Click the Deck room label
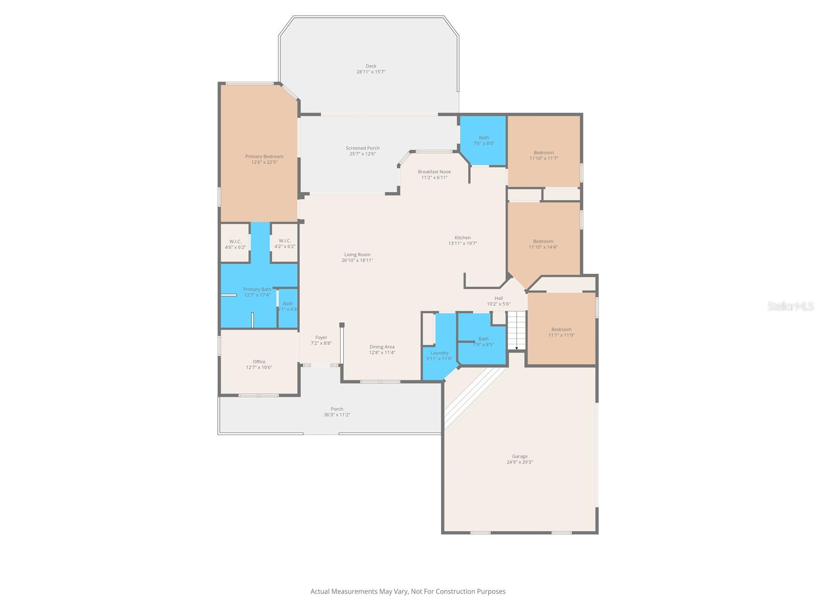[x=371, y=66]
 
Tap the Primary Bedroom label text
[x=264, y=157]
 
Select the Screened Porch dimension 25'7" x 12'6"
[x=363, y=154]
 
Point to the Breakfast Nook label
[x=434, y=172]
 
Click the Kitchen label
[x=463, y=238]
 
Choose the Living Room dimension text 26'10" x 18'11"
[x=357, y=261]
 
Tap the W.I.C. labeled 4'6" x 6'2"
[x=235, y=244]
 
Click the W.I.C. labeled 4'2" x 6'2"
[x=285, y=244]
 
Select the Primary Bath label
[x=257, y=289]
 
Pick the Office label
[x=259, y=362]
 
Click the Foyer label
[x=321, y=338]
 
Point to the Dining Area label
[x=382, y=347]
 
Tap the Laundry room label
[x=439, y=353]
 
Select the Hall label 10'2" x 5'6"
[x=498, y=301]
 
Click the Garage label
[x=520, y=456]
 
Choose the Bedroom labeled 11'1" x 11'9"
[x=561, y=332]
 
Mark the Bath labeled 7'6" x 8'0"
[x=483, y=140]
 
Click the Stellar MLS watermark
[x=789, y=306]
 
